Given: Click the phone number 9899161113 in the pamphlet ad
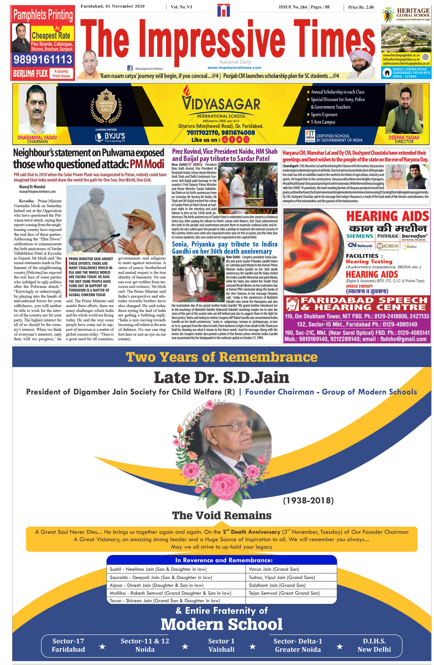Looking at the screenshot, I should click(x=43, y=59).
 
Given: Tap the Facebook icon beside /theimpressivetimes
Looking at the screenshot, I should click(x=130, y=68).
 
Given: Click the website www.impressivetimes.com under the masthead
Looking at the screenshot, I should click(x=234, y=68).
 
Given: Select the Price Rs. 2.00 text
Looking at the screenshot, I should click(x=361, y=7).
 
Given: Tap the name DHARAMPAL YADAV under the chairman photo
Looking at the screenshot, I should click(x=37, y=137).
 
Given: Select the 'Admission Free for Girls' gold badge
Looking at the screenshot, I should click(x=106, y=106).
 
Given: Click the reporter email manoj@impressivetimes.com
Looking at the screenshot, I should click(x=37, y=192).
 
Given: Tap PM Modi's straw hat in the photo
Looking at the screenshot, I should click(x=139, y=216).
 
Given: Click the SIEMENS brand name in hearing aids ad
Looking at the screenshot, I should click(x=359, y=236).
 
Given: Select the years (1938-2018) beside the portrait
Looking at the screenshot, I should click(x=308, y=500).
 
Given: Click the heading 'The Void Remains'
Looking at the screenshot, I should click(x=222, y=515).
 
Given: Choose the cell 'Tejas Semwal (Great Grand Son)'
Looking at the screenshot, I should click(x=284, y=593).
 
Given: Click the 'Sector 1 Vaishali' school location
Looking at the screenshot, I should click(x=221, y=645).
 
